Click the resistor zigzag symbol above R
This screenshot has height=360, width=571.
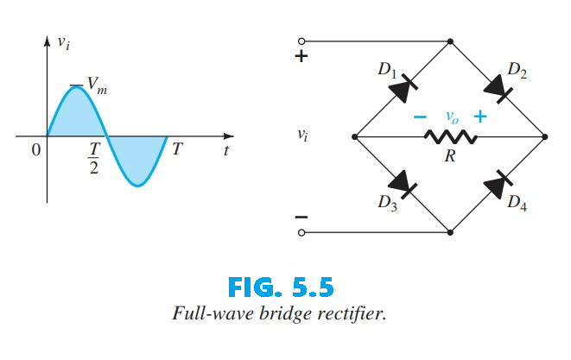pyautogui.click(x=449, y=136)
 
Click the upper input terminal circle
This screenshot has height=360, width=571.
pyautogui.click(x=301, y=41)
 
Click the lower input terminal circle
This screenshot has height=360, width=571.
pyautogui.click(x=301, y=232)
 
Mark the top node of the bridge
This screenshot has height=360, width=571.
pyautogui.click(x=450, y=41)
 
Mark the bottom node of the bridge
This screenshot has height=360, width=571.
pyautogui.click(x=450, y=232)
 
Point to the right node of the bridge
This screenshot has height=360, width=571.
pyautogui.click(x=545, y=136)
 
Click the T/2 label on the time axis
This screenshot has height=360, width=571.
pyautogui.click(x=94, y=157)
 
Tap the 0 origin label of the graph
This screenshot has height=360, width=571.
pyautogui.click(x=35, y=150)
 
